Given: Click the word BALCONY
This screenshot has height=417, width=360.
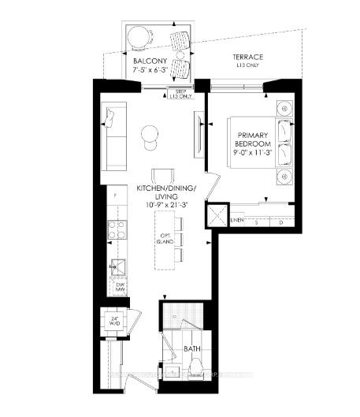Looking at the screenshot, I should (149, 61).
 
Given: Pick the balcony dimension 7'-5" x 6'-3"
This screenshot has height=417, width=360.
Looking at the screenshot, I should (149, 70).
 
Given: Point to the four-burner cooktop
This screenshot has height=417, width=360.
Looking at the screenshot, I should (117, 229).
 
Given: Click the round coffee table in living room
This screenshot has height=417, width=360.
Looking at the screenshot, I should (149, 134).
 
